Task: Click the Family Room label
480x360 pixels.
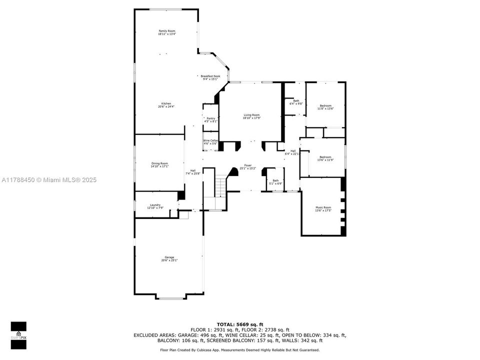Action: click(x=167, y=32)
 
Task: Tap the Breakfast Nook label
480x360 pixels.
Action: click(x=210, y=77)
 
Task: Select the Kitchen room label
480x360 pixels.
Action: click(x=166, y=105)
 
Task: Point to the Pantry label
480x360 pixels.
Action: click(x=210, y=120)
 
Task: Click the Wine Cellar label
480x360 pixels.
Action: click(x=210, y=142)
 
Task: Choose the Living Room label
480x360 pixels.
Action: click(x=251, y=116)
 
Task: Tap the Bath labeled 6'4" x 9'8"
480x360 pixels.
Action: click(x=296, y=102)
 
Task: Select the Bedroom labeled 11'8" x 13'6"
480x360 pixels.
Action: click(x=325, y=107)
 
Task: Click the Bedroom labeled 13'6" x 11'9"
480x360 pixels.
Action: click(x=325, y=158)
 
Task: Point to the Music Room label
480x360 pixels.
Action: click(x=323, y=209)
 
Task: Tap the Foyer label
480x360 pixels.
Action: click(x=247, y=167)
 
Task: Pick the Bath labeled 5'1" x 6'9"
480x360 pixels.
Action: click(x=275, y=182)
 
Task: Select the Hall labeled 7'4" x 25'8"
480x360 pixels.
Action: click(x=192, y=172)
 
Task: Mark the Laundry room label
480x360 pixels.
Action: click(x=155, y=206)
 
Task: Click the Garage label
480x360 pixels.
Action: click(x=169, y=258)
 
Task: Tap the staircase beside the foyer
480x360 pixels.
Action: click(x=220, y=189)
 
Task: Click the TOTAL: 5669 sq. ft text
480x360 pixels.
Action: click(x=239, y=324)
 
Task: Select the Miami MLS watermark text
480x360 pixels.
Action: click(x=48, y=180)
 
